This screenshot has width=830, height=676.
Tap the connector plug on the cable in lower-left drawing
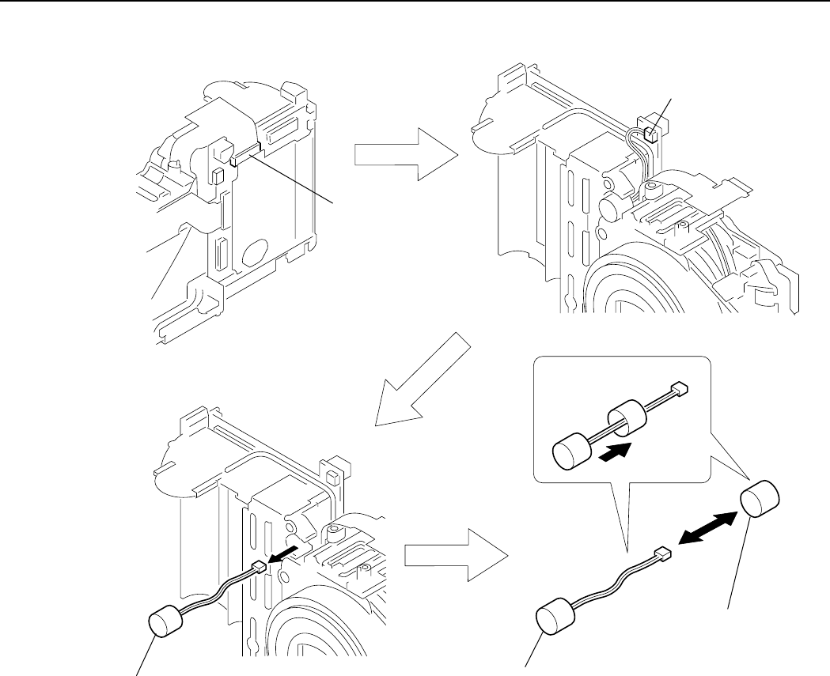pyautogui.click(x=256, y=566)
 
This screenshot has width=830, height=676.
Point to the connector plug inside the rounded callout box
pyautogui.click(x=678, y=388)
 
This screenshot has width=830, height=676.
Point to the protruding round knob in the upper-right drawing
pyautogui.click(x=611, y=206)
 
